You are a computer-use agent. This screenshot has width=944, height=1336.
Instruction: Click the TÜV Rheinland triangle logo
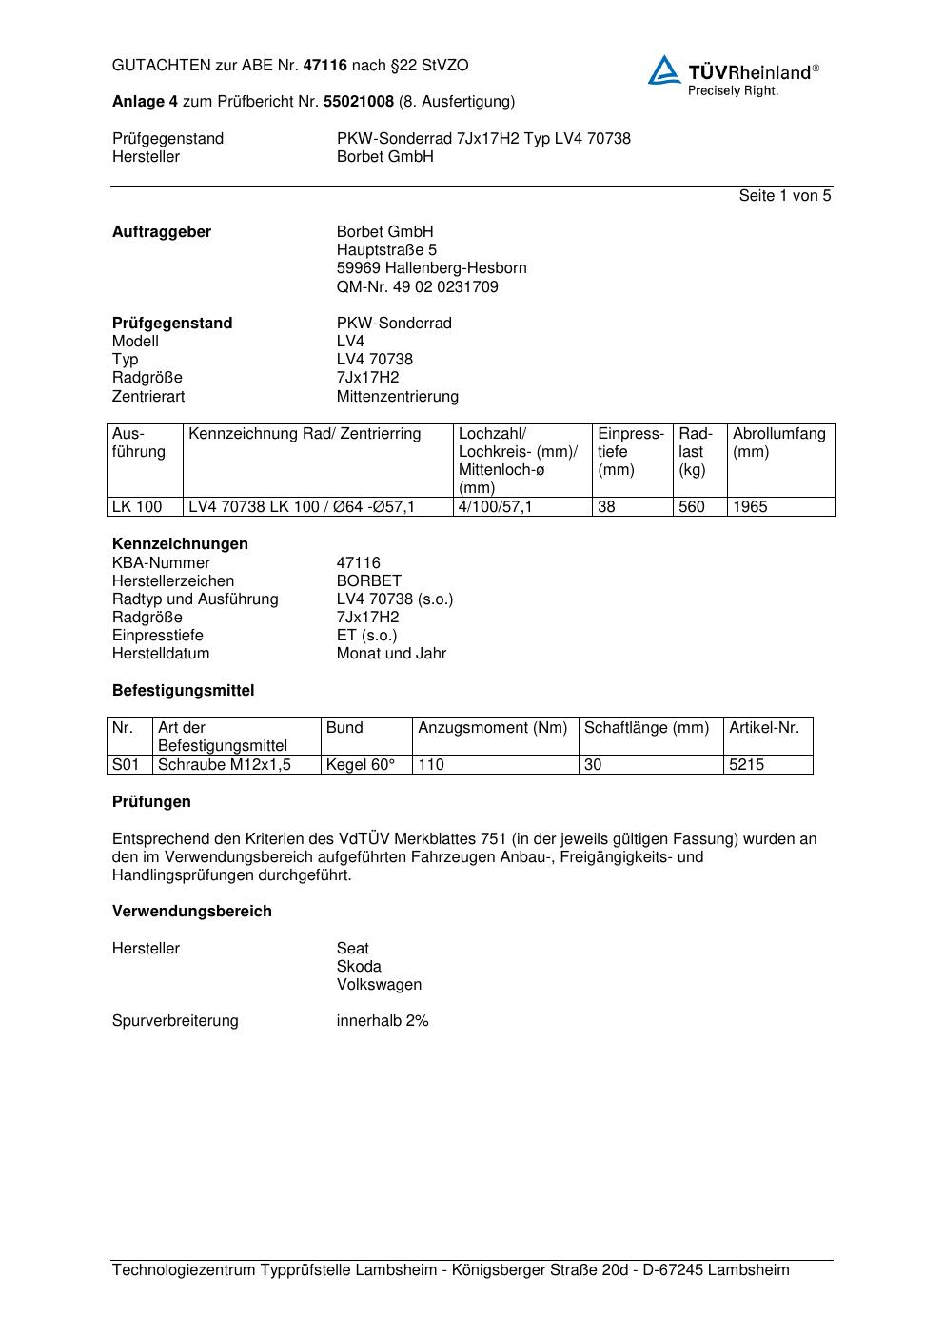click(664, 70)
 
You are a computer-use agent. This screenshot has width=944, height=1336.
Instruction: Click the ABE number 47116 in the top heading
click(324, 66)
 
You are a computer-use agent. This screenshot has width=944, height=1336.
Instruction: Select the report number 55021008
click(359, 102)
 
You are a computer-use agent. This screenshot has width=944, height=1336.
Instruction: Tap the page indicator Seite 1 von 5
click(784, 196)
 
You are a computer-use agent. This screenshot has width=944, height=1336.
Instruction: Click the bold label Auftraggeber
click(162, 232)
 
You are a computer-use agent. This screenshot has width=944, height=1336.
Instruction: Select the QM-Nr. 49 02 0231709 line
click(417, 286)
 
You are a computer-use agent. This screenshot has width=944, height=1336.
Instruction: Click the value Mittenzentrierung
click(397, 397)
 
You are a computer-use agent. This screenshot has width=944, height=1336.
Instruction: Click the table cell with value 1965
click(750, 507)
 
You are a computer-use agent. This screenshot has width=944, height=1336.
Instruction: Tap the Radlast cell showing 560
click(692, 507)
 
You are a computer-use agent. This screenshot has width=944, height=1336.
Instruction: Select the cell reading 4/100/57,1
click(495, 507)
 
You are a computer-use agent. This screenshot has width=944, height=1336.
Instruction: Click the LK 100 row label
click(137, 507)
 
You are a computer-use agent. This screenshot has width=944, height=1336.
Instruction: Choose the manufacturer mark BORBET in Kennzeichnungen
click(368, 581)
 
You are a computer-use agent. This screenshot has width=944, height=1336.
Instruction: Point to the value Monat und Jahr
click(391, 654)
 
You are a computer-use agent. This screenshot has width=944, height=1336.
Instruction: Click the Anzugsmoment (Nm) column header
click(492, 728)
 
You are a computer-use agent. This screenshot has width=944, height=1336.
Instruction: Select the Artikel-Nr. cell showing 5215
click(746, 765)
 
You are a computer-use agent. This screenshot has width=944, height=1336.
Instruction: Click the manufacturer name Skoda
click(359, 967)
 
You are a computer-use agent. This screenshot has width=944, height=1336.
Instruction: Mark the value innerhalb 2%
click(383, 1021)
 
